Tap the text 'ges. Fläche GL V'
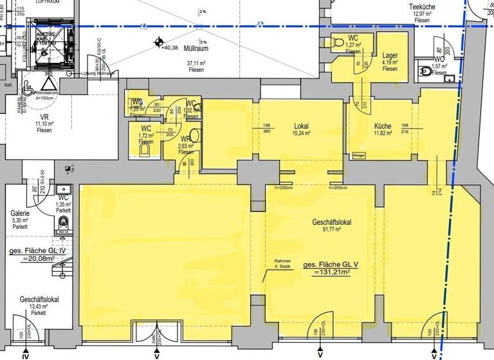[x=335, y=264]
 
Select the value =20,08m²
[x=32, y=259]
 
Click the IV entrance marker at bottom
[x=26, y=354]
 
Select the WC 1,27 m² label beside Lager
[x=353, y=42]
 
